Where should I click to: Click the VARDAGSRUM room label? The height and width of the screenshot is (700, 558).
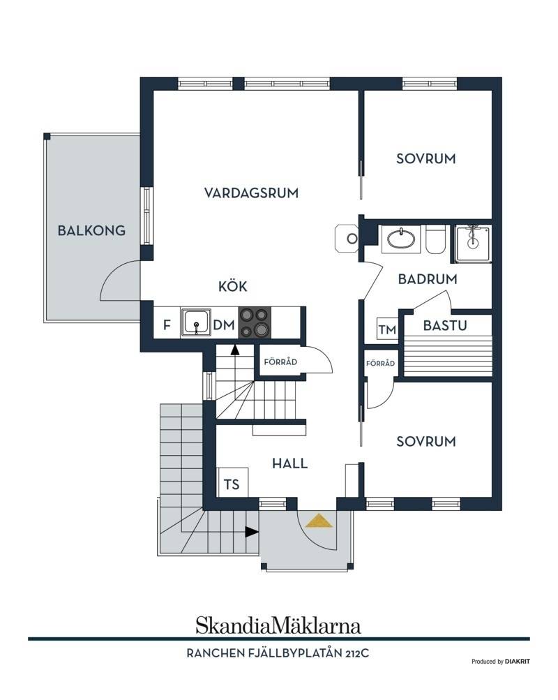pos(251,193)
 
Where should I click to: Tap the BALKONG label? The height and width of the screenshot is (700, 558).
pos(91,230)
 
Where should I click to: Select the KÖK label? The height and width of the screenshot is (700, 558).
pos(232,285)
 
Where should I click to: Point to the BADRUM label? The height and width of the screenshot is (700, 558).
pos(428,279)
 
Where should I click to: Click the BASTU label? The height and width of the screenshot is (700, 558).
pos(445,325)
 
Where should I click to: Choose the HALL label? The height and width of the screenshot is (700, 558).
pos(290,463)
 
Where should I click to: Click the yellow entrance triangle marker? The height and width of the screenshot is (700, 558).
pos(319,521)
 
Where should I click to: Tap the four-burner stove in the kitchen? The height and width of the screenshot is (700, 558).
pos(255,322)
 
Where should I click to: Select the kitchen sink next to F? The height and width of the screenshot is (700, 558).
pos(196,322)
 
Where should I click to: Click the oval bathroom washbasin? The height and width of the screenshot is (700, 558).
pos(401,239)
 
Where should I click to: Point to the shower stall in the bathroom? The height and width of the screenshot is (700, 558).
pos(473,244)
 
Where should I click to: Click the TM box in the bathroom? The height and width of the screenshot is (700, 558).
pos(387,329)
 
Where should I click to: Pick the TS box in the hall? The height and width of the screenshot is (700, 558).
pos(232,484)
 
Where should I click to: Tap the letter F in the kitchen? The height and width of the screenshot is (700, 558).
pos(167,325)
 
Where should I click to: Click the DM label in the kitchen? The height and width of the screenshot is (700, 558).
pos(224,325)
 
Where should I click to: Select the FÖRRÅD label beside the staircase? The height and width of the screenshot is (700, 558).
pos(280,362)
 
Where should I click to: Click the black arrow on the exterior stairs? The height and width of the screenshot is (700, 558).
pos(252,532)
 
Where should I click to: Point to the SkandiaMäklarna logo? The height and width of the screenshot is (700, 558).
pos(278,625)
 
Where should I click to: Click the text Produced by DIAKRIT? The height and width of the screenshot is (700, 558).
pos(501,662)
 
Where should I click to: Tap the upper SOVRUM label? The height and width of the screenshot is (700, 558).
pos(426,158)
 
